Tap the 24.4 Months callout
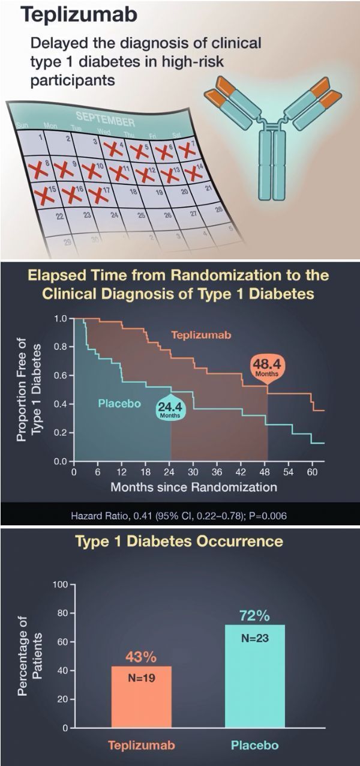tap(170, 411)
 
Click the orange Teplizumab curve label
tap(201, 335)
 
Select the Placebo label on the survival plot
tap(119, 403)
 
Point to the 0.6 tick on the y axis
tap(61, 376)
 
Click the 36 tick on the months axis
tap(218, 472)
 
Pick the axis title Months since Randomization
tap(193, 487)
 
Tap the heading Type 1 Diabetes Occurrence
tap(179, 541)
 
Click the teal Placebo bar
tap(254, 678)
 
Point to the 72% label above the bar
tap(255, 615)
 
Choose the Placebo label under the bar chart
tap(254, 746)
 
